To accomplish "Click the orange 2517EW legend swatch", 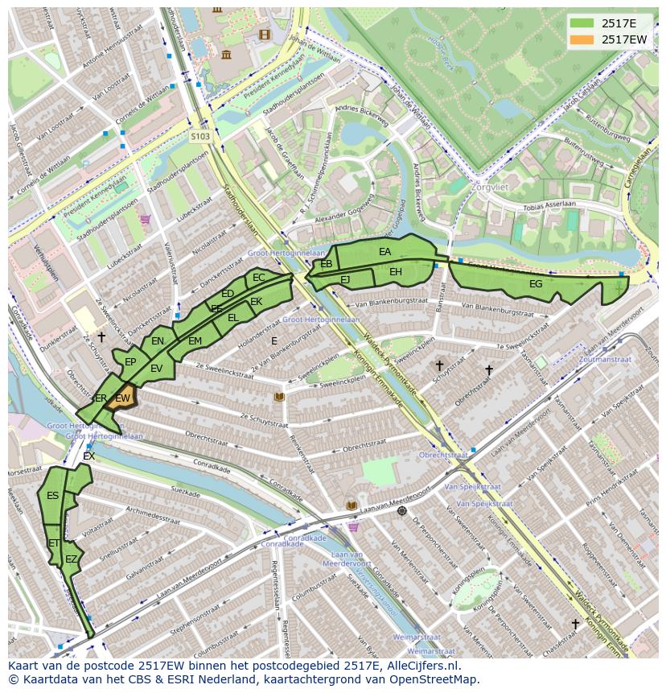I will [582, 39].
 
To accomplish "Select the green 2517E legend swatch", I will [582, 23].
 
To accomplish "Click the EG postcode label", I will [536, 283].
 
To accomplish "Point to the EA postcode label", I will [384, 252].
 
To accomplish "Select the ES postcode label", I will [52, 496].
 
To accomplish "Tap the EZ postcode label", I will [72, 559].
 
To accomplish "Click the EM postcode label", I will [195, 341].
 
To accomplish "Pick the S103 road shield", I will [200, 137].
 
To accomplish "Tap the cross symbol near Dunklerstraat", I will [101, 336].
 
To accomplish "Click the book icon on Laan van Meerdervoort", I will [351, 505].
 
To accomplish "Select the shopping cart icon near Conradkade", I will [353, 527].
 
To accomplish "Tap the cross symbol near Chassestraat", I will [575, 624].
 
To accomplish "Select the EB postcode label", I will [327, 264].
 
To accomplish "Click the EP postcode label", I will [130, 362].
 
